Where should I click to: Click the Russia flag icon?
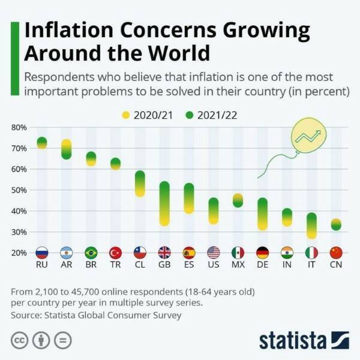pyautogui.click(x=42, y=253)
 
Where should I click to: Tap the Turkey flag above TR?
pyautogui.click(x=115, y=253)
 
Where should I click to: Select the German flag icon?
pyautogui.click(x=262, y=253)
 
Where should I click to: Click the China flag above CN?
pyautogui.click(x=336, y=253)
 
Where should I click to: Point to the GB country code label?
pyautogui.click(x=164, y=265)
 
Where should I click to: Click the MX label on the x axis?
pyautogui.click(x=238, y=265)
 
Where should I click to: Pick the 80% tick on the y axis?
pyautogui.click(x=19, y=127)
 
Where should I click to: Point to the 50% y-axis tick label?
pyautogui.click(x=19, y=190)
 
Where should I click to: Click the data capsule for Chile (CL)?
pyautogui.click(x=140, y=184)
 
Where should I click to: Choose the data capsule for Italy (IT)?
pyautogui.click(x=311, y=226)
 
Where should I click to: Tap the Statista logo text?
pyautogui.click(x=293, y=340)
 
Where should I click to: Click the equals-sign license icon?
pyautogui.click(x=62, y=340)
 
